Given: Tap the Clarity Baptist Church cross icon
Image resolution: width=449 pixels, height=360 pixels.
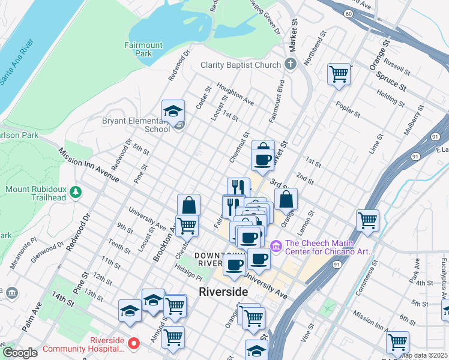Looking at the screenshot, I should (291, 65).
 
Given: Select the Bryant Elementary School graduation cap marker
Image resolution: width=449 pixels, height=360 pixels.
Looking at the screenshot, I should (173, 112).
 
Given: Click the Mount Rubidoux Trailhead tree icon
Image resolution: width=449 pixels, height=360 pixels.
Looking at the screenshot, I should (75, 192).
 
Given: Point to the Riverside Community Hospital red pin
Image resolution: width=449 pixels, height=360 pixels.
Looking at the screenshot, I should (134, 344).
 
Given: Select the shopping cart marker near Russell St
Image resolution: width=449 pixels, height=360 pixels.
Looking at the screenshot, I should (339, 74).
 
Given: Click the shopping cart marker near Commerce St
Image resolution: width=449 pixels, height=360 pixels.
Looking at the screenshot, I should (367, 220).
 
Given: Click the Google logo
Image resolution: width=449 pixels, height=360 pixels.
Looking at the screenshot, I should (20, 353).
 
